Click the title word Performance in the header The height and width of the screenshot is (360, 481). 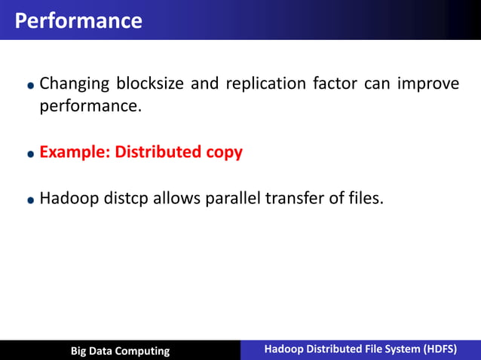click(78, 20)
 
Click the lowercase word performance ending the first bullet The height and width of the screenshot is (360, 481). click(90, 106)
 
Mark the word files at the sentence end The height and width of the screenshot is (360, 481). click(364, 200)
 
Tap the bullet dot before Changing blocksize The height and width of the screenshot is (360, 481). click(30, 85)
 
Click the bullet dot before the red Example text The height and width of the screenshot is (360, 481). click(30, 154)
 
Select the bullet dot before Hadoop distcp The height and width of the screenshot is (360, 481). click(30, 201)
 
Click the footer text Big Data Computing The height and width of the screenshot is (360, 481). click(120, 350)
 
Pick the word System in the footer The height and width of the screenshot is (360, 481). click(399, 349)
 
